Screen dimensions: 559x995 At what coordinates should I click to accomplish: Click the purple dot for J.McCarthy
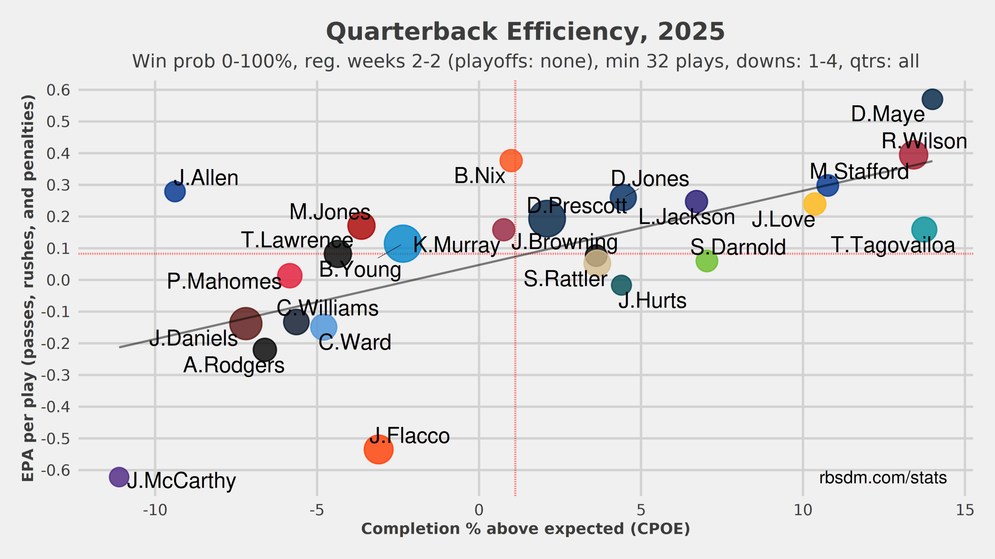[119, 477]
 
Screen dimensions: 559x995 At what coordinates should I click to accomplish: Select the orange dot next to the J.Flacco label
[379, 449]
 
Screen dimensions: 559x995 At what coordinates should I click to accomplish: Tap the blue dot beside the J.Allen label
[175, 191]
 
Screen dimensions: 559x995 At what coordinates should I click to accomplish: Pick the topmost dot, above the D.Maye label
[932, 99]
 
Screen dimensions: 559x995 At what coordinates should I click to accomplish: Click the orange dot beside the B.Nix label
[511, 160]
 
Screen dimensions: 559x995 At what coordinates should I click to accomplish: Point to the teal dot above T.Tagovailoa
[924, 229]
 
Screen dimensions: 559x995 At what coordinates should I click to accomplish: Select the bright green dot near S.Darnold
[707, 261]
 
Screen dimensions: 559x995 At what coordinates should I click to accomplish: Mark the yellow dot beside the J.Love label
[815, 204]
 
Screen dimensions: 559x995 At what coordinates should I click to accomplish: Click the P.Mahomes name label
[224, 281]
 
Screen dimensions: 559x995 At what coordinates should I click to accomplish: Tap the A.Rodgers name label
[234, 365]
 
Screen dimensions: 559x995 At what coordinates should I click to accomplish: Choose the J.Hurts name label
[652, 300]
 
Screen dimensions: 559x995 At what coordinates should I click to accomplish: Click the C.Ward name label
[354, 342]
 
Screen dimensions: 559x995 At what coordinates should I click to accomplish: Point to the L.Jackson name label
[687, 217]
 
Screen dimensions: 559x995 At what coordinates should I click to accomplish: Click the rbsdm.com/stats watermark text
[883, 478]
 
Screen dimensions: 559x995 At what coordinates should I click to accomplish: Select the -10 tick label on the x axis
[155, 510]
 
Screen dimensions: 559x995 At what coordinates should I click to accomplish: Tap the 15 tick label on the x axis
[965, 510]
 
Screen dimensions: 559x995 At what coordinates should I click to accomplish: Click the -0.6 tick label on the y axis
[59, 470]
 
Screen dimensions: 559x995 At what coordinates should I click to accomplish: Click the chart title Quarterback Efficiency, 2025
[525, 32]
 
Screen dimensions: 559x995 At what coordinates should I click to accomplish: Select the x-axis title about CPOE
[525, 529]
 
